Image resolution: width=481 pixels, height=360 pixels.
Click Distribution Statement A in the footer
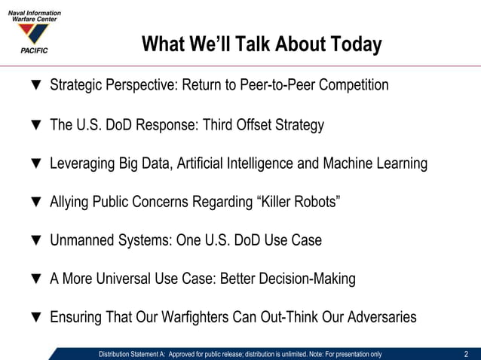click(131, 354)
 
